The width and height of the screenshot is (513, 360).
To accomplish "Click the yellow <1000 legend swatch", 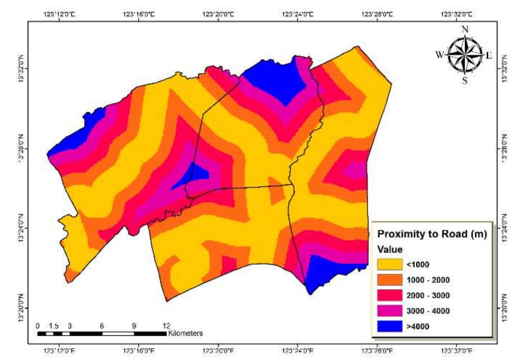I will pos(390,264).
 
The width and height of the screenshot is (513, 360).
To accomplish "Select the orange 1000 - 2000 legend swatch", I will pos(390,280).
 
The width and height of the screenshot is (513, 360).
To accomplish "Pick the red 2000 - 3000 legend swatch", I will pos(390,295).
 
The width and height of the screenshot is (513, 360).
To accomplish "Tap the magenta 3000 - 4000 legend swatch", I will pos(390,310).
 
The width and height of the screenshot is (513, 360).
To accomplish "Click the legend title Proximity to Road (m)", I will pos(432,234).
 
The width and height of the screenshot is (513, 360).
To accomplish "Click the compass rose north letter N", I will pos(465,29).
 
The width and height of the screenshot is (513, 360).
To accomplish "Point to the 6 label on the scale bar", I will pos(102,326).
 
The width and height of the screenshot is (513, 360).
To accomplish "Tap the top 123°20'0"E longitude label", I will pos(219,14).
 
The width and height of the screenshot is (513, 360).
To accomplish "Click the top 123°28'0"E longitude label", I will pos(377,14).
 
